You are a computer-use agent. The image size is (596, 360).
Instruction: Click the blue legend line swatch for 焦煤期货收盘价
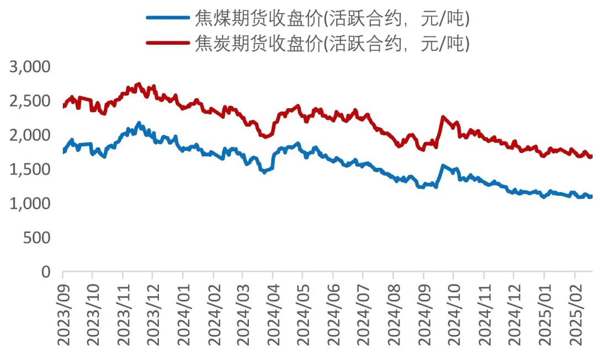pyautogui.click(x=168, y=17)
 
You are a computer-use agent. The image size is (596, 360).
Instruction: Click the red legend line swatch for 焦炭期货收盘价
pyautogui.click(x=168, y=41)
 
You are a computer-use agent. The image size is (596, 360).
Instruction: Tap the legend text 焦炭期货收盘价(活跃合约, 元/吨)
pyautogui.click(x=332, y=42)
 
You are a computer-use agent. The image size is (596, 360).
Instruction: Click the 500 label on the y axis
pyautogui.click(x=38, y=238)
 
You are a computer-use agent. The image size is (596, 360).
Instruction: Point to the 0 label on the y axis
pyautogui.click(x=46, y=272)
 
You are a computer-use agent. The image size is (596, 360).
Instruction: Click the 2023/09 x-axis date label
pyautogui.click(x=63, y=314)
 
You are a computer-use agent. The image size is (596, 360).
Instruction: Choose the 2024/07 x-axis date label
pyautogui.click(x=364, y=314)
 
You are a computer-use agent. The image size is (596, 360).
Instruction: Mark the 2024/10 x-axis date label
pyautogui.click(x=454, y=314)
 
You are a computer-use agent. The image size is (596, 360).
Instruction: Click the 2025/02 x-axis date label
pyautogui.click(x=574, y=314)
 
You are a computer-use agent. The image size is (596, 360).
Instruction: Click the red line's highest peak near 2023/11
pyautogui.click(x=139, y=84)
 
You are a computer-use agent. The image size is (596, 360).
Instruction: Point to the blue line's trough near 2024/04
pyautogui.click(x=264, y=172)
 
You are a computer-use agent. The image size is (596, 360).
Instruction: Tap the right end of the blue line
pyautogui.click(x=592, y=196)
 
